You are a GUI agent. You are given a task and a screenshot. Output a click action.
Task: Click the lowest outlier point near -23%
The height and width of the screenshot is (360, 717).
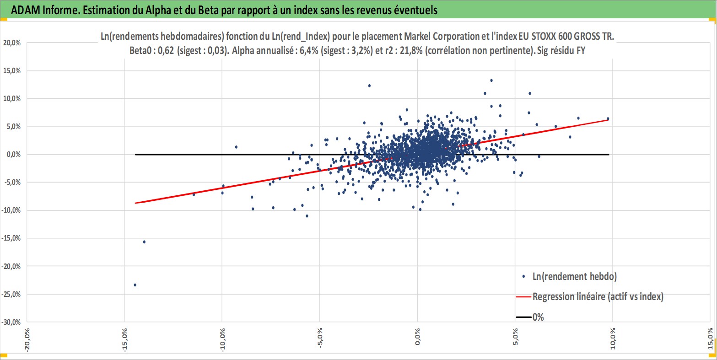(135, 285)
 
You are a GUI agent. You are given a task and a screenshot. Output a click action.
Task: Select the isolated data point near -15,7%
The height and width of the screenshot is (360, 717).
(144, 242)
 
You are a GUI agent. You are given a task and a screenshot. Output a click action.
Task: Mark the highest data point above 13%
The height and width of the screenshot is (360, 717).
(491, 81)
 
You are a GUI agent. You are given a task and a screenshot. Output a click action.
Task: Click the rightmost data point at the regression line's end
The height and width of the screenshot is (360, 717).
(608, 119)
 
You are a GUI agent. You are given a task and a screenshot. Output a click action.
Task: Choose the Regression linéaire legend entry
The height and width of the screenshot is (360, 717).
(598, 297)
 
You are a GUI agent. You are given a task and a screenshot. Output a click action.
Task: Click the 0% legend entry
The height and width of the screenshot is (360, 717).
(538, 317)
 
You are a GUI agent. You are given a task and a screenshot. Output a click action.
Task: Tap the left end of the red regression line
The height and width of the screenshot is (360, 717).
(135, 203)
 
